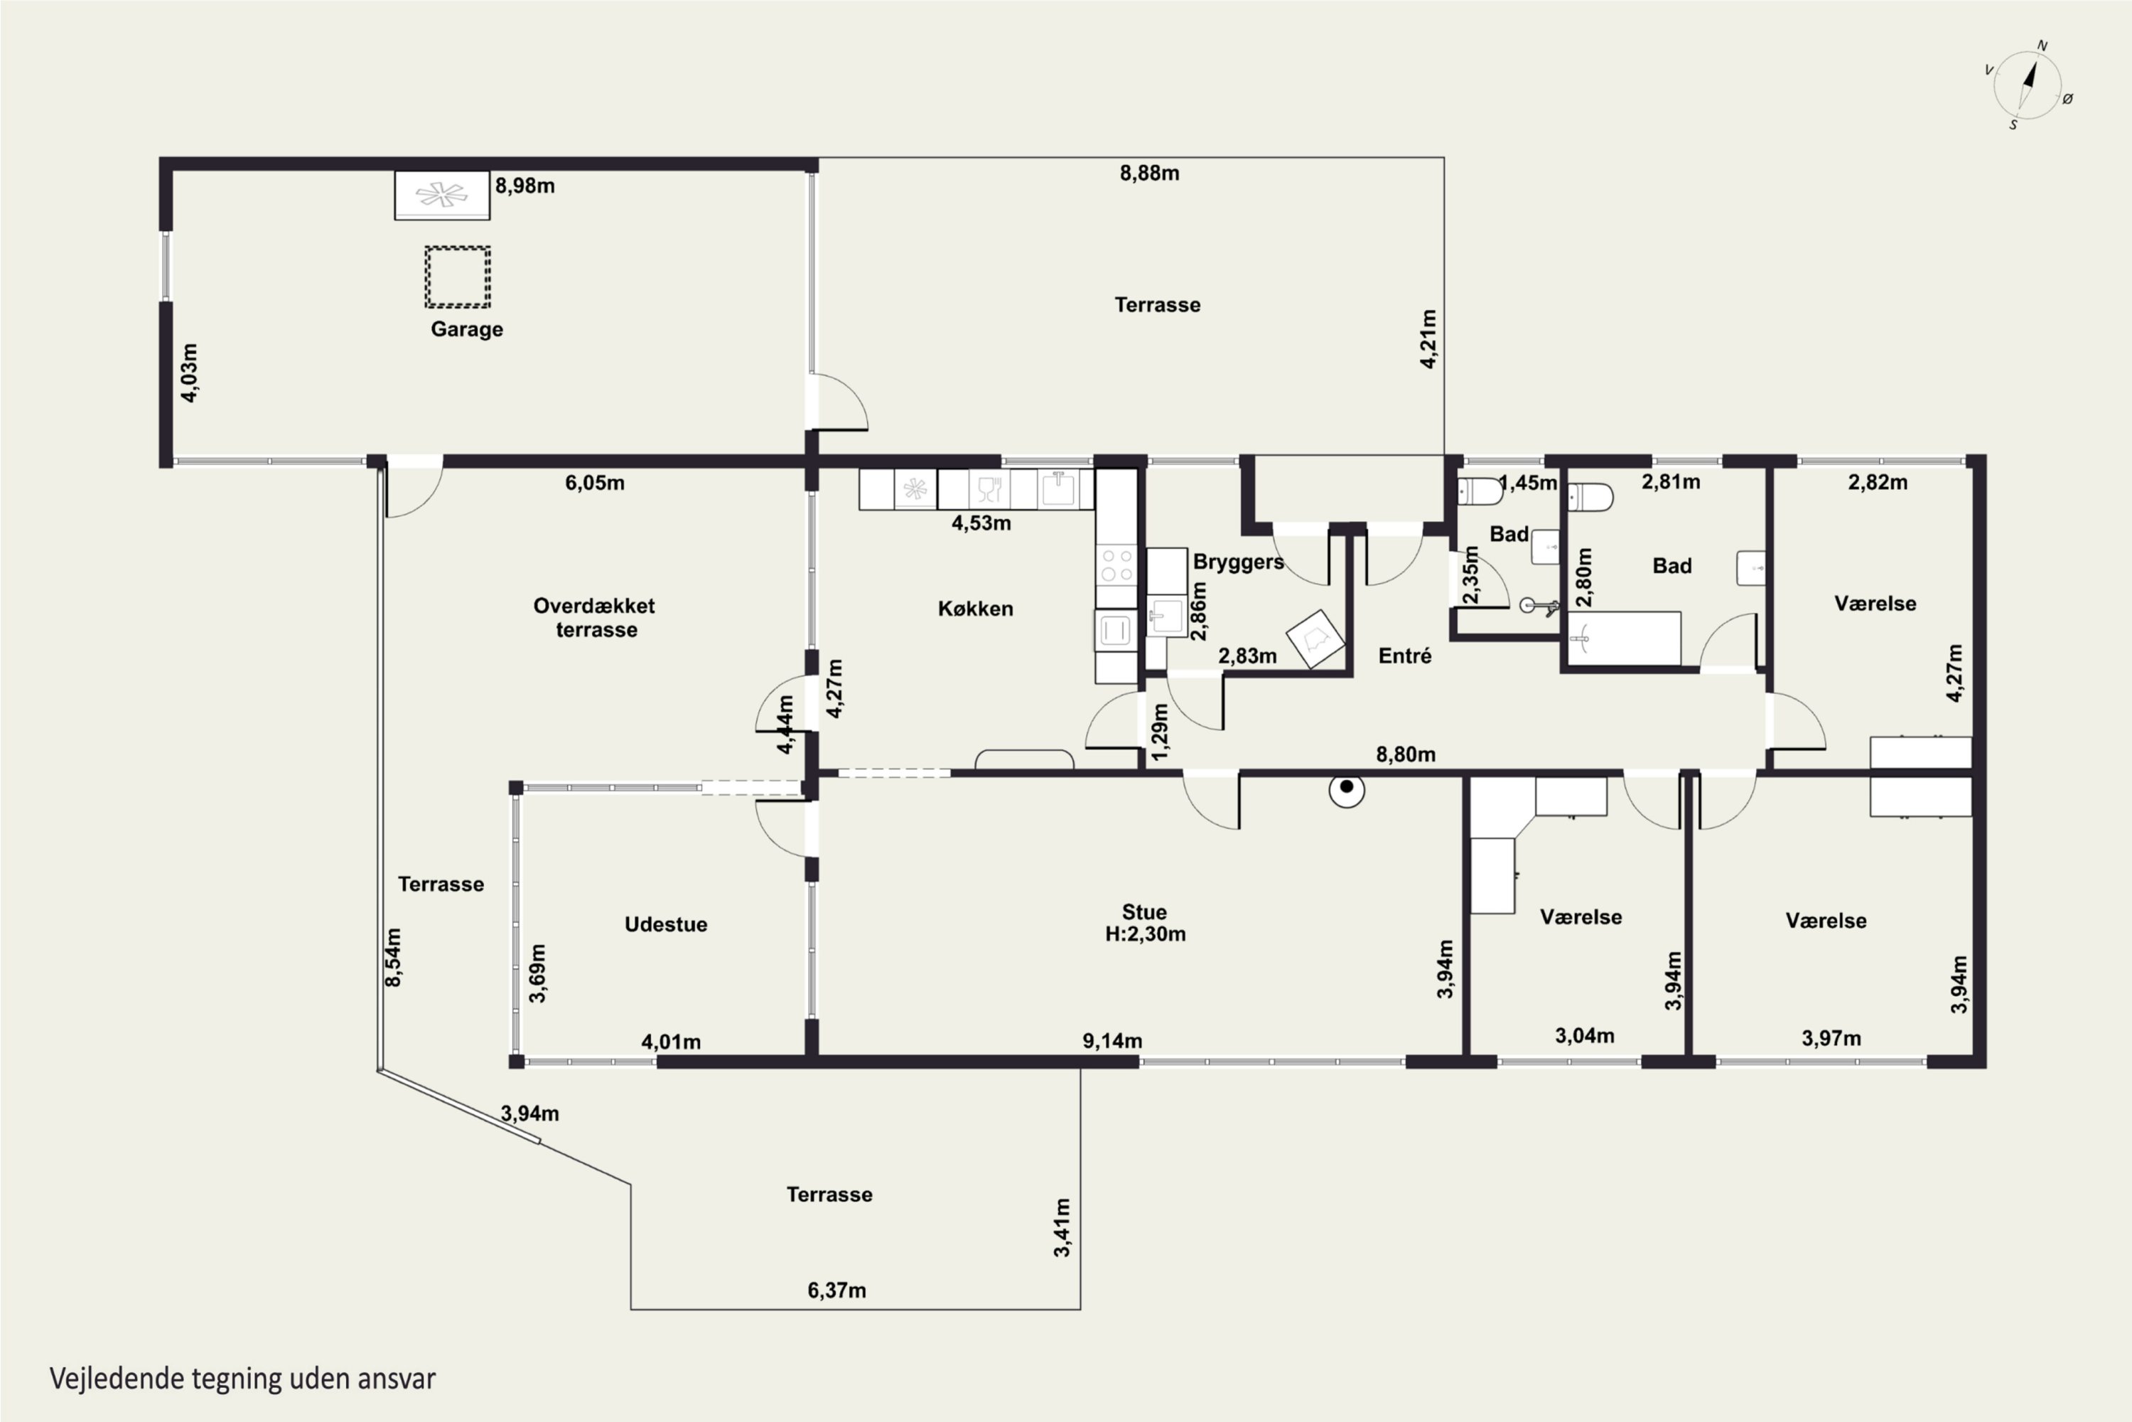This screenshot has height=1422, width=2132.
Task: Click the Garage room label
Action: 467,329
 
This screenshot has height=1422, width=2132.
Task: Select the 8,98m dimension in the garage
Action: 525,186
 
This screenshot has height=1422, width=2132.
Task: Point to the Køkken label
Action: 975,609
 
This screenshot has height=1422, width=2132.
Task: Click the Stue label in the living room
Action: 1145,912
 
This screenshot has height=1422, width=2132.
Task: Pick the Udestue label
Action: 667,924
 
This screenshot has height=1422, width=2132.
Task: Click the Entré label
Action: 1405,656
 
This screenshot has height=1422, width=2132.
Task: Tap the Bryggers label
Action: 1238,562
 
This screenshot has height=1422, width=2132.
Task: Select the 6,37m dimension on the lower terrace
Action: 836,1290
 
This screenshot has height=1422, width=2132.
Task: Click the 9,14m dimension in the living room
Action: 1112,1041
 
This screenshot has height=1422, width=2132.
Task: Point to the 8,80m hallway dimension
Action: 1406,754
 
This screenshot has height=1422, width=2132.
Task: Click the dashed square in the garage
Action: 458,277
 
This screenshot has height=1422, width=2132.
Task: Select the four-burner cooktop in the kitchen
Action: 1116,563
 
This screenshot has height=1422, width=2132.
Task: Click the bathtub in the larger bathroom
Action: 1625,638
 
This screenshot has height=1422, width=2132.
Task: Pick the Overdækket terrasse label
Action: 595,618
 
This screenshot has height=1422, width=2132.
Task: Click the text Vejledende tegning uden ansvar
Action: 243,1379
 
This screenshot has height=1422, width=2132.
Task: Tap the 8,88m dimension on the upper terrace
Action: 1149,173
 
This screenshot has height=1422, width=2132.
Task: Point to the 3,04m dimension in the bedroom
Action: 1585,1036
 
